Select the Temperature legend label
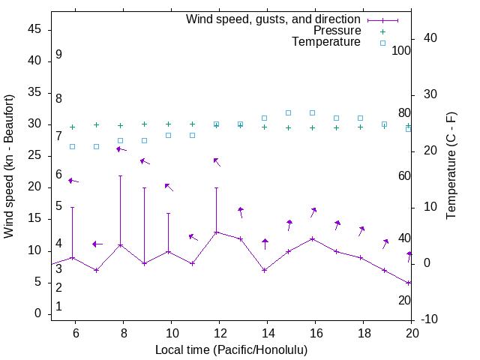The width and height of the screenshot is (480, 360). click(x=326, y=42)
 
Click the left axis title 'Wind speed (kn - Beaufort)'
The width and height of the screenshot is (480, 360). click(x=9, y=166)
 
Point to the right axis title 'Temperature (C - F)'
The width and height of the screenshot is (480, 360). click(x=451, y=166)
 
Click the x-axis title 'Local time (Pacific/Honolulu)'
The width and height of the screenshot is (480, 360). click(x=231, y=350)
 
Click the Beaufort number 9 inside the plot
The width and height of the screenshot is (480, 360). click(x=58, y=55)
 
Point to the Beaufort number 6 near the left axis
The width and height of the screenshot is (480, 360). click(x=58, y=175)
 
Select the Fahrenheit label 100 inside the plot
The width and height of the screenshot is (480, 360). click(x=402, y=50)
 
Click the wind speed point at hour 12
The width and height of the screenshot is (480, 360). click(x=217, y=232)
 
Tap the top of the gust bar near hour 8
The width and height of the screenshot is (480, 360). click(x=120, y=176)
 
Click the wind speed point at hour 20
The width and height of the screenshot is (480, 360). click(x=409, y=283)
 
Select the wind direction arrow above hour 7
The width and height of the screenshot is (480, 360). click(x=97, y=244)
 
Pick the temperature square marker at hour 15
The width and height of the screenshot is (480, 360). click(x=288, y=112)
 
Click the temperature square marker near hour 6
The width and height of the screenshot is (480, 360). click(x=73, y=146)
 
